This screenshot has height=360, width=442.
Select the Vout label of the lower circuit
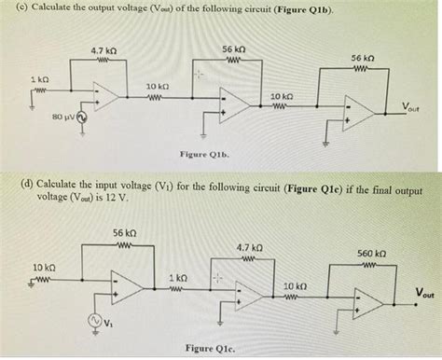point(424,294)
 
